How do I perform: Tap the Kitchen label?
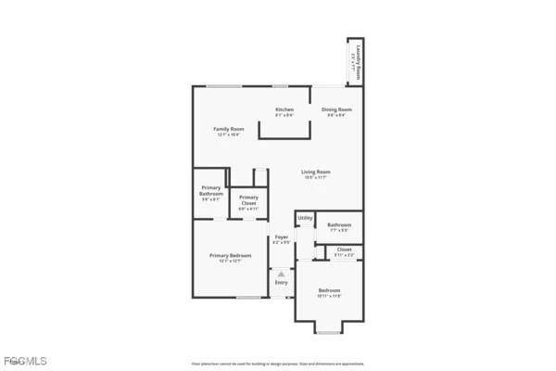pos(284,109)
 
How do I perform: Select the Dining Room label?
pos(336,109)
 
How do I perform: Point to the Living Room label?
pos(316,172)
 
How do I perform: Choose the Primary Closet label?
pos(248,199)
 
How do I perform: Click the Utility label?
pos(305,218)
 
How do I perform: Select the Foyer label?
pos(282,237)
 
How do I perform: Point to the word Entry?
pos(281,282)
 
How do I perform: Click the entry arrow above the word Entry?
pos(281,274)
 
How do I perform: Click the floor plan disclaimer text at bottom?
pos(278,364)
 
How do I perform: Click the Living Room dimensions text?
pos(316,178)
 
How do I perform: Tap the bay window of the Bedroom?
pos(329,327)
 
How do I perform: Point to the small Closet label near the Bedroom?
pos(344,249)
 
